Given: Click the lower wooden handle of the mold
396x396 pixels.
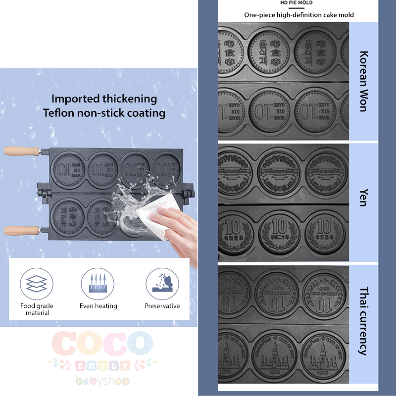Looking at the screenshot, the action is tap(22, 230).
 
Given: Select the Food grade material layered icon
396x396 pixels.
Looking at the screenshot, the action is tap(37, 284).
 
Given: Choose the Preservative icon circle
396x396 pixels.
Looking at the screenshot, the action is tap(162, 284).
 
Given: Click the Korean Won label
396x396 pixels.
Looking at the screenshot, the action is tap(364, 81).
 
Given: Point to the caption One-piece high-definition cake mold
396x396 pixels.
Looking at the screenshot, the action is tap(299, 15).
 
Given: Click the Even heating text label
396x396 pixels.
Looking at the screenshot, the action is tap(98, 306).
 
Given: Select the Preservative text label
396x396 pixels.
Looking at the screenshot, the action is tap(162, 306).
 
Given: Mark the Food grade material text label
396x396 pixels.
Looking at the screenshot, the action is tap(38, 309).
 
